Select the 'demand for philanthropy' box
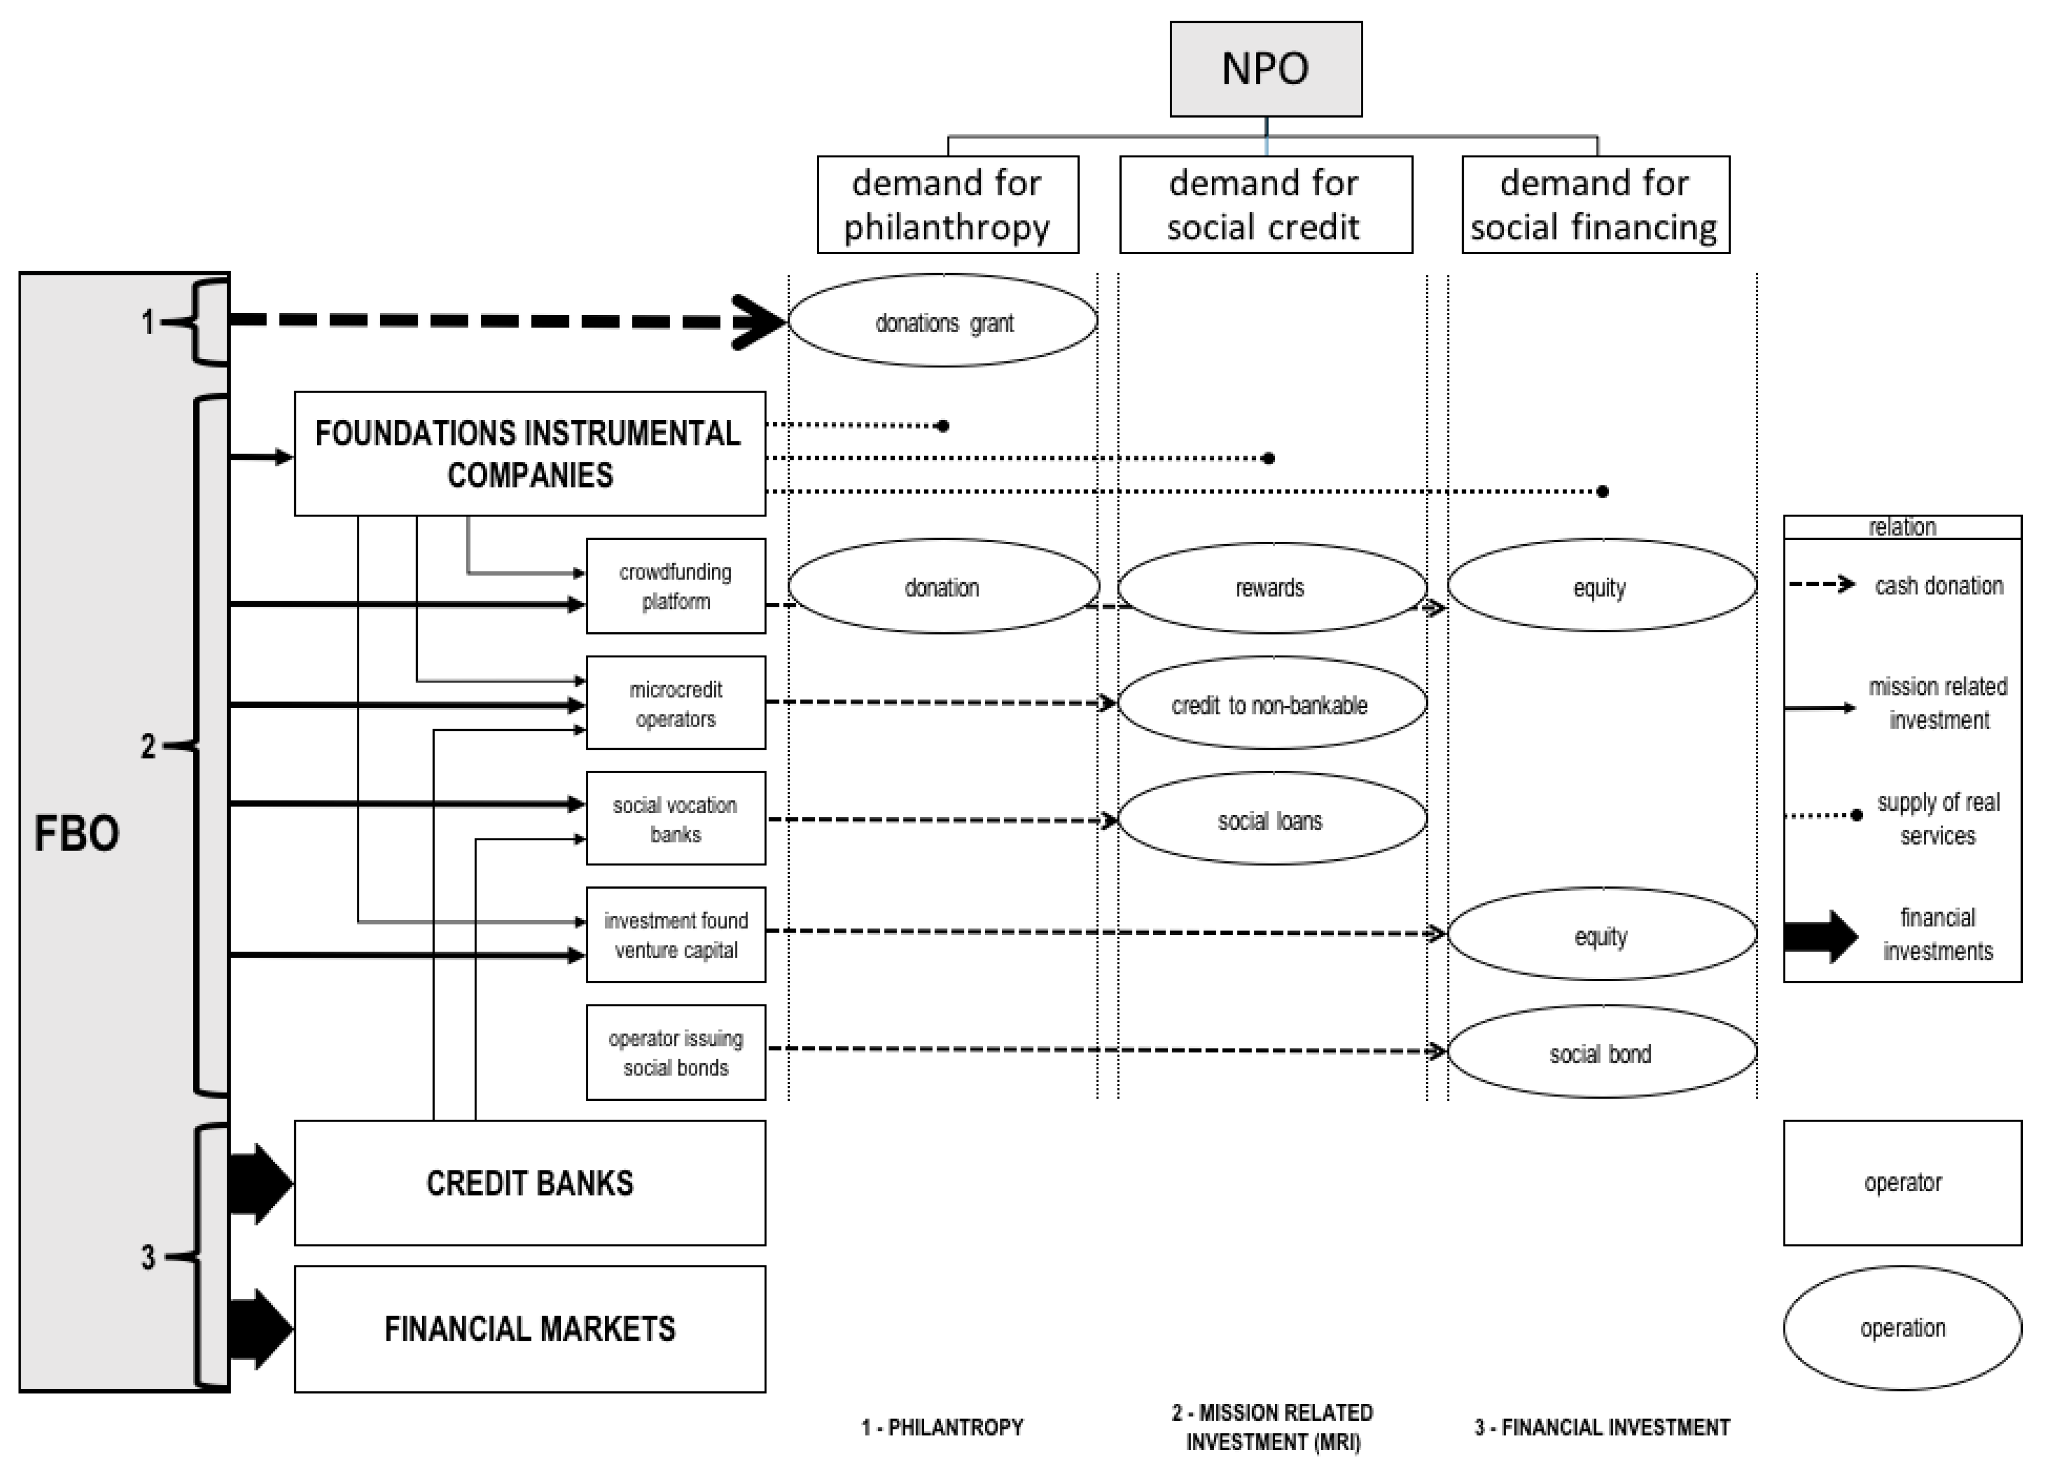[947, 204]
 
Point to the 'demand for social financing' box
[1595, 204]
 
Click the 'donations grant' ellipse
[943, 321]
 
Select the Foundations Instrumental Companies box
[529, 454]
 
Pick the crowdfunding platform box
[675, 587]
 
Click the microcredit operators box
[675, 703]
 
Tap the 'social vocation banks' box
[675, 819]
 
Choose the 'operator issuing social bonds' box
[675, 1053]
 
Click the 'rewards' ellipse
[1271, 587]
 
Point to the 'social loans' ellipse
[1271, 819]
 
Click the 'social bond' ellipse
[1601, 1053]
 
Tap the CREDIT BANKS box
[529, 1183]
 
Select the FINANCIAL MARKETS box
[529, 1328]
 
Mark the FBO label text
[77, 833]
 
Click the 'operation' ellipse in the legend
[1902, 1328]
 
